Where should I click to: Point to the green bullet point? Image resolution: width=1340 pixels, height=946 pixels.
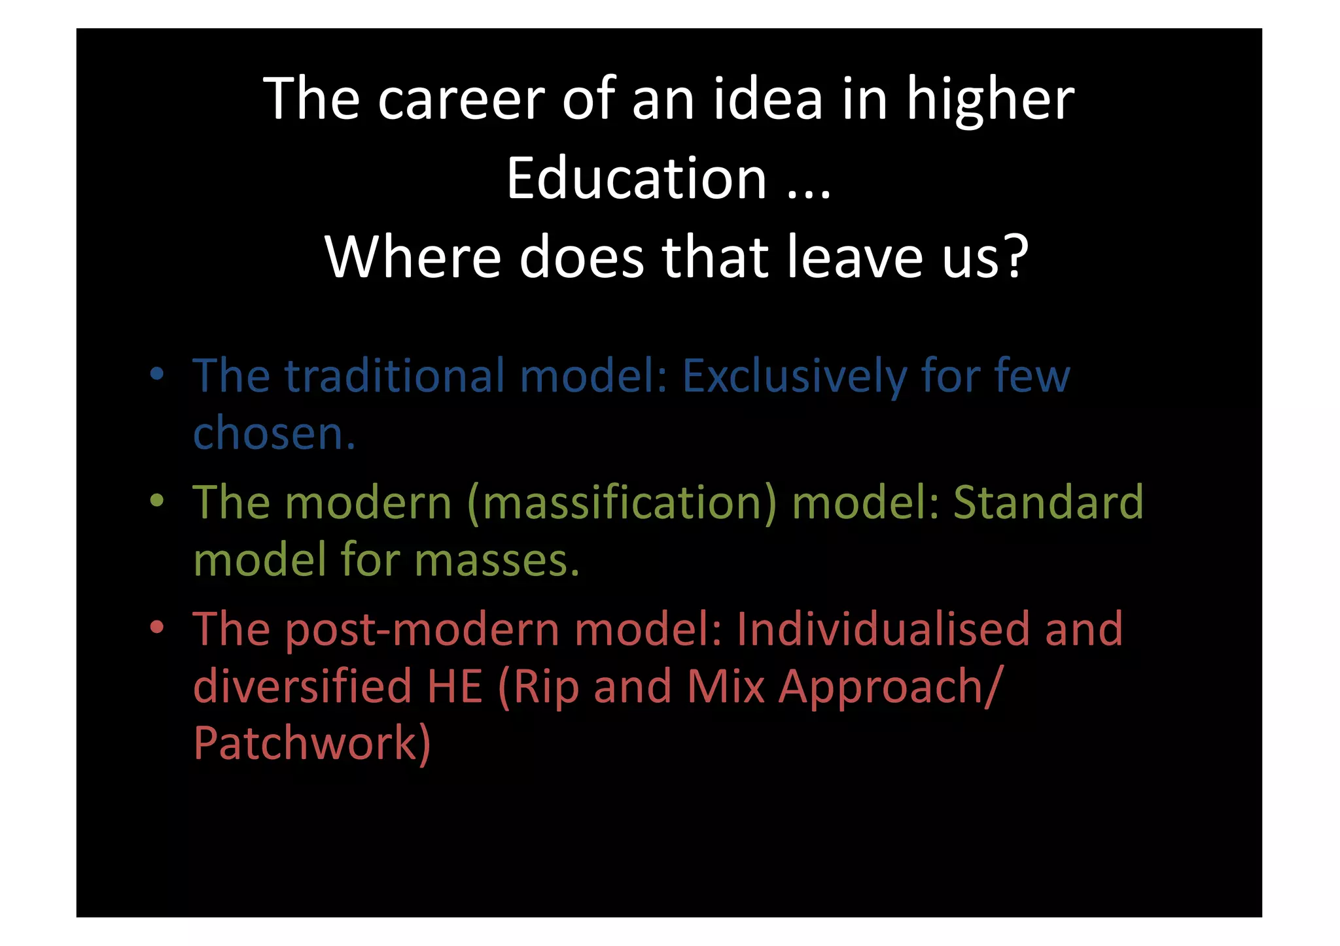[x=156, y=501]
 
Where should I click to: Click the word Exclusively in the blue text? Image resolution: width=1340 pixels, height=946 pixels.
[x=794, y=377]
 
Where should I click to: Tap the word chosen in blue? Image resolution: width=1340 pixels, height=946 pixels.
[x=273, y=433]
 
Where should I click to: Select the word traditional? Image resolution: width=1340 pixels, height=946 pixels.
[x=394, y=377]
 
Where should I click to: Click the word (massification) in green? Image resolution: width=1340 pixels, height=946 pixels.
[x=622, y=503]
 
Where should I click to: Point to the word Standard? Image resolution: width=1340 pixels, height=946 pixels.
[x=1048, y=503]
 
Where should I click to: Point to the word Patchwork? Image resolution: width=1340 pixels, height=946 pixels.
[x=311, y=744]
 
